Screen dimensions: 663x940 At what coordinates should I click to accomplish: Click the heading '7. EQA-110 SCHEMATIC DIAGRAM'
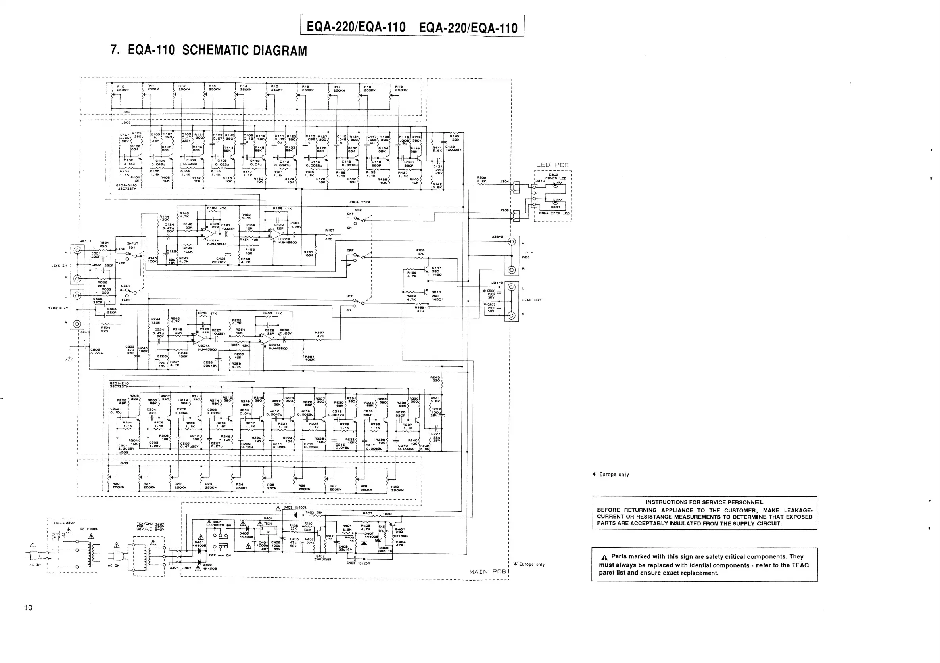(209, 50)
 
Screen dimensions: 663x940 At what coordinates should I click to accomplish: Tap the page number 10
(28, 607)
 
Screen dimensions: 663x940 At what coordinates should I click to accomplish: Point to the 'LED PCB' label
(552, 165)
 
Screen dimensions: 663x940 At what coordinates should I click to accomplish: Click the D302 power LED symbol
(556, 184)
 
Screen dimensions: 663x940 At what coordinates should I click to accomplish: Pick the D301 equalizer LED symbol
(556, 201)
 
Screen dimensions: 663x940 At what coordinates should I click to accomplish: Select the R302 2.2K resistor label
(481, 179)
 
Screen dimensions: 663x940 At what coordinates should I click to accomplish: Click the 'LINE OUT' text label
(531, 300)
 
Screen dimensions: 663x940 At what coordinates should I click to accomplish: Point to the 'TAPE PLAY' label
(59, 308)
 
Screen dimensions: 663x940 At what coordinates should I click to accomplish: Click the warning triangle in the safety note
(604, 558)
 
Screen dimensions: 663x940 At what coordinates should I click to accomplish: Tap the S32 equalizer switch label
(358, 210)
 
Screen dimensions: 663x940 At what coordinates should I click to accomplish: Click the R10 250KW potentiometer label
(123, 88)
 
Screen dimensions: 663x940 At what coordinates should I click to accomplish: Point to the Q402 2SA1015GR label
(320, 558)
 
